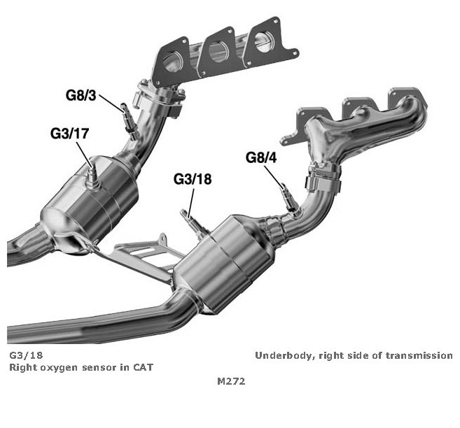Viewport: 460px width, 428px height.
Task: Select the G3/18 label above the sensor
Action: point(193,179)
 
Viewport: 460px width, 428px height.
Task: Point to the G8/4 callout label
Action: point(261,157)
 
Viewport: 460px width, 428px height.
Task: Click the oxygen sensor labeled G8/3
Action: point(126,114)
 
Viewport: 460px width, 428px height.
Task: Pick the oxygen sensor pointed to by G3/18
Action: point(190,217)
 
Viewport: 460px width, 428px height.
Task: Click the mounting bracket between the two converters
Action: point(143,259)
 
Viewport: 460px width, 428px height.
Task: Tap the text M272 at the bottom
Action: point(231,382)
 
